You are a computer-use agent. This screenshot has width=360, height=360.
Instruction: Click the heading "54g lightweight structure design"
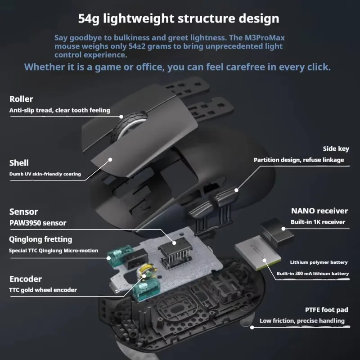pyautogui.click(x=179, y=19)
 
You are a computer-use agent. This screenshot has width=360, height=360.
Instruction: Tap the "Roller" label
pyautogui.click(x=21, y=99)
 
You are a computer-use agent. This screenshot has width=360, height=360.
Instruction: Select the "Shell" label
pyautogui.click(x=19, y=163)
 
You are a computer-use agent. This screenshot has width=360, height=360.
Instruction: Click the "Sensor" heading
pyautogui.click(x=23, y=211)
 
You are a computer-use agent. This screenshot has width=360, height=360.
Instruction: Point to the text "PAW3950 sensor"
pyautogui.click(x=38, y=223)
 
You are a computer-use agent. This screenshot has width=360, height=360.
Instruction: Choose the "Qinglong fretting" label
pyautogui.click(x=40, y=239)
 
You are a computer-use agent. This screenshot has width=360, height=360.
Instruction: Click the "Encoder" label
pyautogui.click(x=25, y=279)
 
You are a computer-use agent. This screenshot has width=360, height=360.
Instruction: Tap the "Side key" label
pyautogui.click(x=336, y=149)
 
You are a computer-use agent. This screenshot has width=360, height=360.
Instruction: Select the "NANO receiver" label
pyautogui.click(x=319, y=211)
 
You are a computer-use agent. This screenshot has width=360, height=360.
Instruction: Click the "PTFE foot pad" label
pyautogui.click(x=326, y=310)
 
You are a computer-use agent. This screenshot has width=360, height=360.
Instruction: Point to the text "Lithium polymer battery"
pyautogui.click(x=319, y=262)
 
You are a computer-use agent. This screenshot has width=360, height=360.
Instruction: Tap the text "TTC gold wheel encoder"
pyautogui.click(x=43, y=290)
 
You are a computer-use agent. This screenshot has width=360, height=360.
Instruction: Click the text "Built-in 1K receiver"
pyautogui.click(x=318, y=222)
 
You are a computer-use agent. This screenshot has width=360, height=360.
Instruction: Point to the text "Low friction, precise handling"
pyautogui.click(x=302, y=321)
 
